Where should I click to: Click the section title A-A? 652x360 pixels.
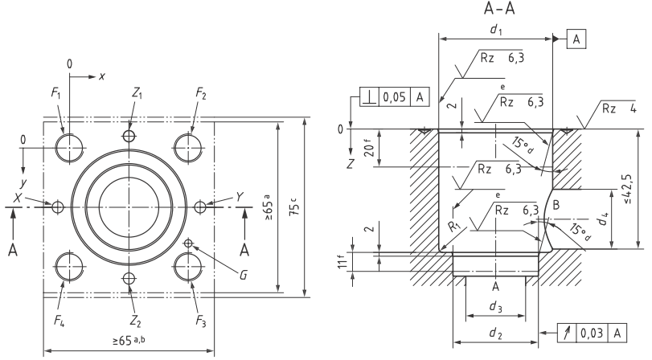(499, 8)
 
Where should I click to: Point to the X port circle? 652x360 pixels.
(52, 207)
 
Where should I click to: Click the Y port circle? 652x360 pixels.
(195, 207)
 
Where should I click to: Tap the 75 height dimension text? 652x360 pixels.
(296, 207)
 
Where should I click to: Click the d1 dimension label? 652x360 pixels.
(495, 29)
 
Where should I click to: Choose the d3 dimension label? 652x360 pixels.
(495, 307)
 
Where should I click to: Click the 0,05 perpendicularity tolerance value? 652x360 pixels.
(394, 97)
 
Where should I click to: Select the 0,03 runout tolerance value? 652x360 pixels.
(591, 333)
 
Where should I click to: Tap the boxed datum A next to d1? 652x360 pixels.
(576, 39)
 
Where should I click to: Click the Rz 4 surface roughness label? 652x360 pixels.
(619, 109)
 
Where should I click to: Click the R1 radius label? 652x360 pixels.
(454, 227)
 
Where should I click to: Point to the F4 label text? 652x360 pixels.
(59, 321)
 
